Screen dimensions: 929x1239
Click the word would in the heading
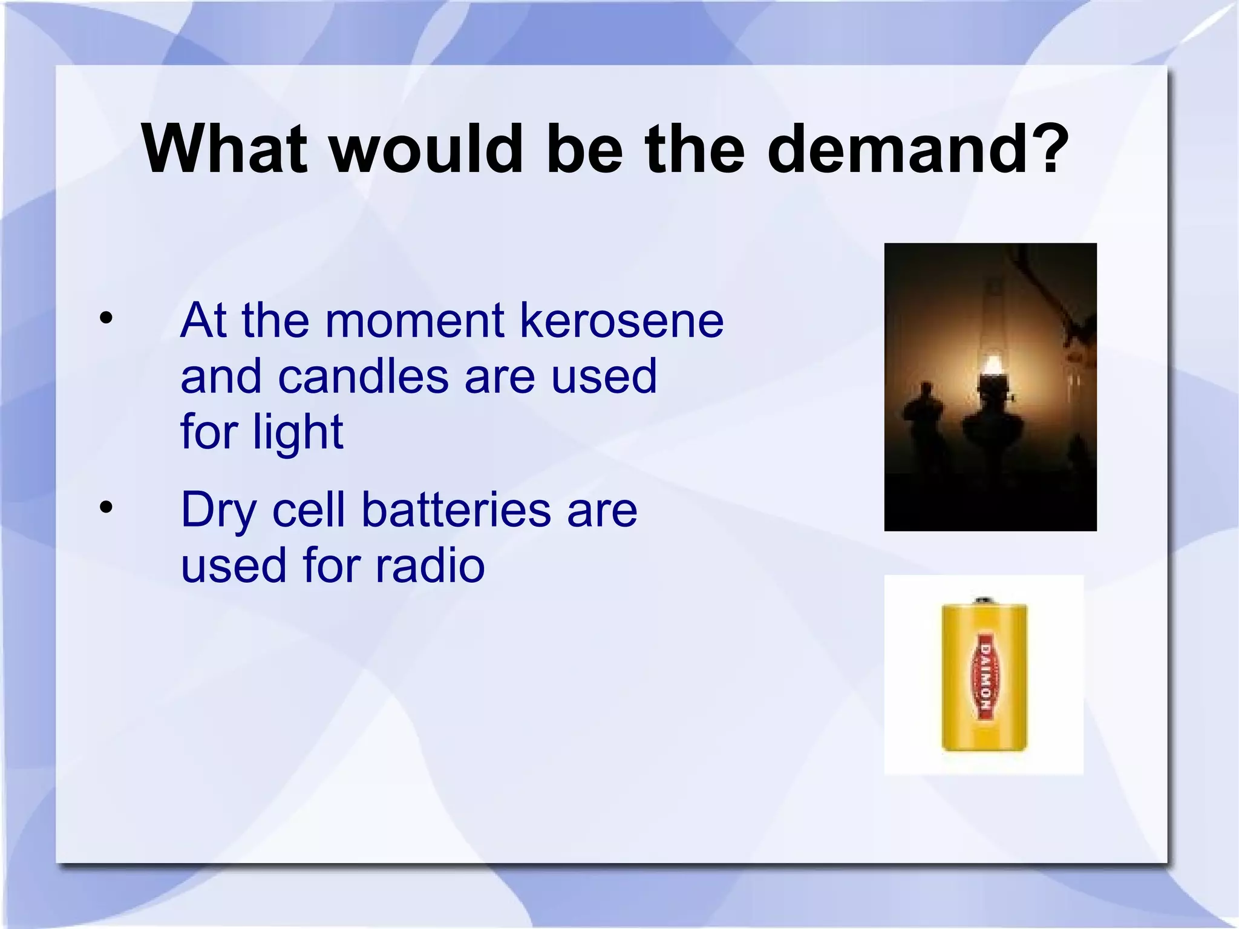(x=426, y=149)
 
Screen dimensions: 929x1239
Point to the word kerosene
(x=621, y=320)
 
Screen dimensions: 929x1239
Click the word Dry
(x=219, y=510)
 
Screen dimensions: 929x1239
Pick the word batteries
(x=456, y=510)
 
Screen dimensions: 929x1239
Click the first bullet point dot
(x=106, y=318)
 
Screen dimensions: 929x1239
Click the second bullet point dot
(x=106, y=508)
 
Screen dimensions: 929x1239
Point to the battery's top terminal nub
(x=984, y=600)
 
